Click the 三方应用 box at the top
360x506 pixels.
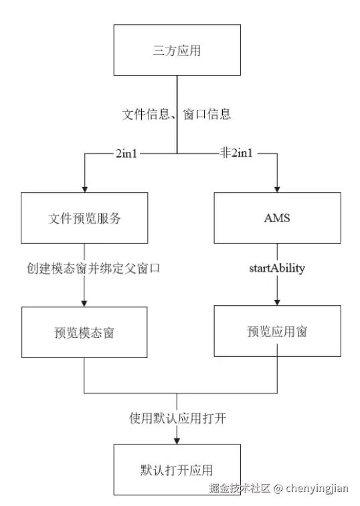click(x=177, y=50)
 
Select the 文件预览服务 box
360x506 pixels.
click(x=84, y=218)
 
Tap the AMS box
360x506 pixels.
click(x=277, y=218)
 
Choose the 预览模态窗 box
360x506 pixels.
click(x=84, y=332)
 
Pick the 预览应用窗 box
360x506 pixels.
click(x=277, y=331)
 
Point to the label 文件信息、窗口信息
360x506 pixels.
click(x=177, y=114)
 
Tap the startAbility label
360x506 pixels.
click(x=277, y=268)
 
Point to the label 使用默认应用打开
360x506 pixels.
click(x=177, y=418)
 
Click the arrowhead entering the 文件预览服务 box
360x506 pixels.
click(x=84, y=188)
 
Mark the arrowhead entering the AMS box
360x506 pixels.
click(x=277, y=188)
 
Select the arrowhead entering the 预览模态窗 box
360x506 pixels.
click(x=84, y=303)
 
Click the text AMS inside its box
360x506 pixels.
click(x=277, y=218)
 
